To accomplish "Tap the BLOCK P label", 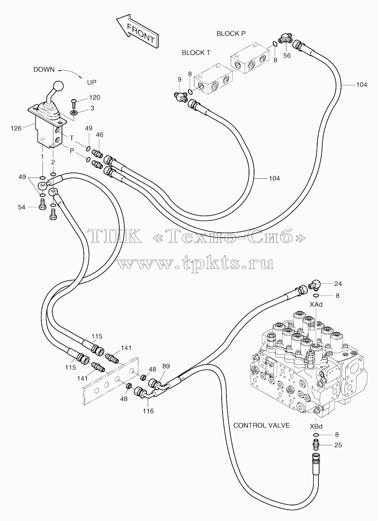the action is [x=231, y=34].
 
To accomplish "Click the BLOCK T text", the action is [x=196, y=53].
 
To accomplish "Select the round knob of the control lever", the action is [x=58, y=86].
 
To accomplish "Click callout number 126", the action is [x=16, y=128].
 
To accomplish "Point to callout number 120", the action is [x=94, y=98].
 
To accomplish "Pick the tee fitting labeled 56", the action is [x=286, y=39].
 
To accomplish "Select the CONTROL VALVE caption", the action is [x=261, y=426].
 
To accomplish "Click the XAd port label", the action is [x=316, y=304].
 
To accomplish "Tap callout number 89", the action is [x=166, y=366].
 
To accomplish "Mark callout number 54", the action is [x=21, y=207].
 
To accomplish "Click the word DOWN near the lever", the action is [x=44, y=69].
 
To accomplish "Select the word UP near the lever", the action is [x=92, y=82].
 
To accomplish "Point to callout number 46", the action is [x=100, y=135].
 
